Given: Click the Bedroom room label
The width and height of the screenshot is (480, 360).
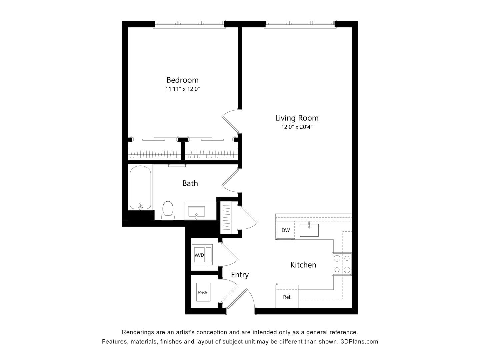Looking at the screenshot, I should [x=182, y=80].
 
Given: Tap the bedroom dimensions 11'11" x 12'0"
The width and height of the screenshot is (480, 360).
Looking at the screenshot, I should [x=182, y=89].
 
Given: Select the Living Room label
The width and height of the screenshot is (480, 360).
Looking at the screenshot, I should [x=297, y=118].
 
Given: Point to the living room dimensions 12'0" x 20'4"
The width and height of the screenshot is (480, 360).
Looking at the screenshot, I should [x=297, y=127].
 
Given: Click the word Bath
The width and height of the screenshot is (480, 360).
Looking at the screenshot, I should [x=190, y=183].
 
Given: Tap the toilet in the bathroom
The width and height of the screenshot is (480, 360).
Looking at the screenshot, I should [x=168, y=210].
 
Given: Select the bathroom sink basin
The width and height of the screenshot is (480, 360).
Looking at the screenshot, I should [x=196, y=212].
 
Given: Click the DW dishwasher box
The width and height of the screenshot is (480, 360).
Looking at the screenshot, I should [x=285, y=230].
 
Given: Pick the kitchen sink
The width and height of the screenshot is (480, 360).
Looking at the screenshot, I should [x=309, y=230].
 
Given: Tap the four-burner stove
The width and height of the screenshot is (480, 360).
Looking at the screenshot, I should [x=342, y=264].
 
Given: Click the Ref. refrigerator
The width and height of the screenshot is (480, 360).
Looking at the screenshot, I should [x=287, y=296].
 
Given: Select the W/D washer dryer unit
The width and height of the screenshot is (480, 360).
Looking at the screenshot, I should [x=199, y=255].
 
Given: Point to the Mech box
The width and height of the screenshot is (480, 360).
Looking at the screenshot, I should [x=202, y=292].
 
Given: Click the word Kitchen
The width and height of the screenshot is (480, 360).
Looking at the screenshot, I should [x=303, y=265].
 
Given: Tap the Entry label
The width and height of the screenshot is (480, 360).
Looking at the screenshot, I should [x=240, y=275].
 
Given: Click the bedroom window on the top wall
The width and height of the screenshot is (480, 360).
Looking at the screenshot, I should [x=189, y=23].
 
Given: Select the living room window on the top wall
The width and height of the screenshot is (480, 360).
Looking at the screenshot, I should [x=300, y=23].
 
